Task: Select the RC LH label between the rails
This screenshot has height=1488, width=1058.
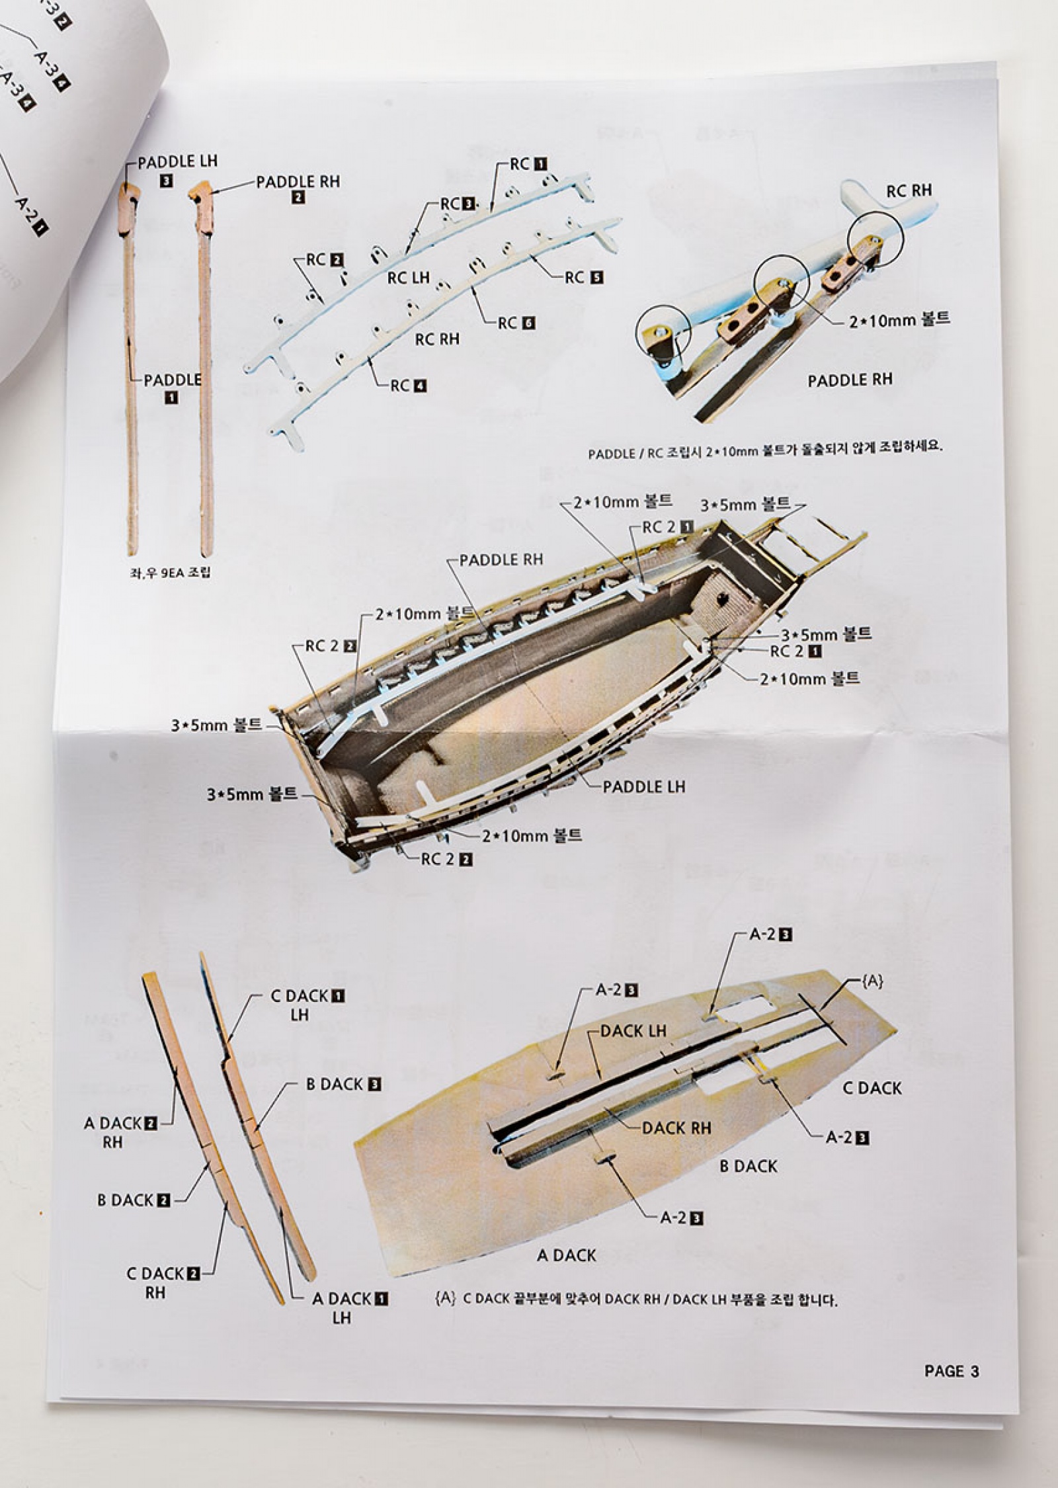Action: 409,278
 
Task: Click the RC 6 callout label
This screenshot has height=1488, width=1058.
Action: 516,323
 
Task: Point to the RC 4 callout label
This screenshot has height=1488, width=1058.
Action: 409,386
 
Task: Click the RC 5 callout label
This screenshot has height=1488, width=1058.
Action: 584,278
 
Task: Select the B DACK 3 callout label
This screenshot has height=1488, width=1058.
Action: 344,1084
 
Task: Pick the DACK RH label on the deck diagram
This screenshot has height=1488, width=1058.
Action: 676,1128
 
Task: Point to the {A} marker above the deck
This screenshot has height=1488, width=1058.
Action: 872,981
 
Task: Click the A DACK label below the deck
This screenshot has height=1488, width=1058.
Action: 567,1255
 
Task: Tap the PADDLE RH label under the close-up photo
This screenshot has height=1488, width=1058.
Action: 850,380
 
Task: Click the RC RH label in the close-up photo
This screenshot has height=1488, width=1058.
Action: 909,190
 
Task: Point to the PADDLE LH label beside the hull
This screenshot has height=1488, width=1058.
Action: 644,786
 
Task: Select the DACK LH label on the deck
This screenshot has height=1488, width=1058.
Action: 633,1030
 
